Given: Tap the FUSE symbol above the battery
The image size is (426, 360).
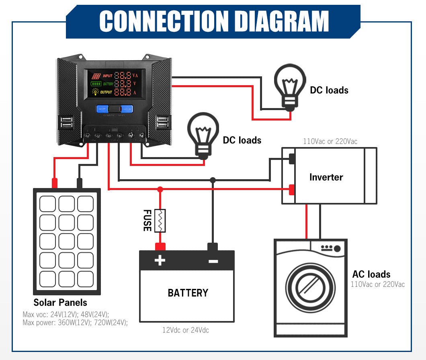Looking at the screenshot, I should [160, 221].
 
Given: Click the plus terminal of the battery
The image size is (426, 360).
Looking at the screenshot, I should [160, 260].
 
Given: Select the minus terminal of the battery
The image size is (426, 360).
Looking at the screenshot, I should [213, 260].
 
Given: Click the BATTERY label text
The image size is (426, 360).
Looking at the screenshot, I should [188, 293].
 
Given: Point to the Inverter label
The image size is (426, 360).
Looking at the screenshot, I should [326, 177].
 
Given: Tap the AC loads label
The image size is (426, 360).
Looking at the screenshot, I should [371, 274].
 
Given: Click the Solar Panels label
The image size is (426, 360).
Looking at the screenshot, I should [60, 303].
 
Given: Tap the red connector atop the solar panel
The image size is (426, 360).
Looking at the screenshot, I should [55, 183].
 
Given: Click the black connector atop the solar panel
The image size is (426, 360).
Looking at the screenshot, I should [80, 183].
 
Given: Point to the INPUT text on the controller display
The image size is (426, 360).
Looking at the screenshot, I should [108, 76].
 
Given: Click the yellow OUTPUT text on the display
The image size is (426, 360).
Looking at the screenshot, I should [106, 92].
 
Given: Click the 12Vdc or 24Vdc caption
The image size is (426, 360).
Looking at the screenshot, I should [186, 330].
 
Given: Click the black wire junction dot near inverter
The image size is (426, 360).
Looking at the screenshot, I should [213, 180].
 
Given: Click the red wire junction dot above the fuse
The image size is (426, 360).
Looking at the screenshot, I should [160, 189].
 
